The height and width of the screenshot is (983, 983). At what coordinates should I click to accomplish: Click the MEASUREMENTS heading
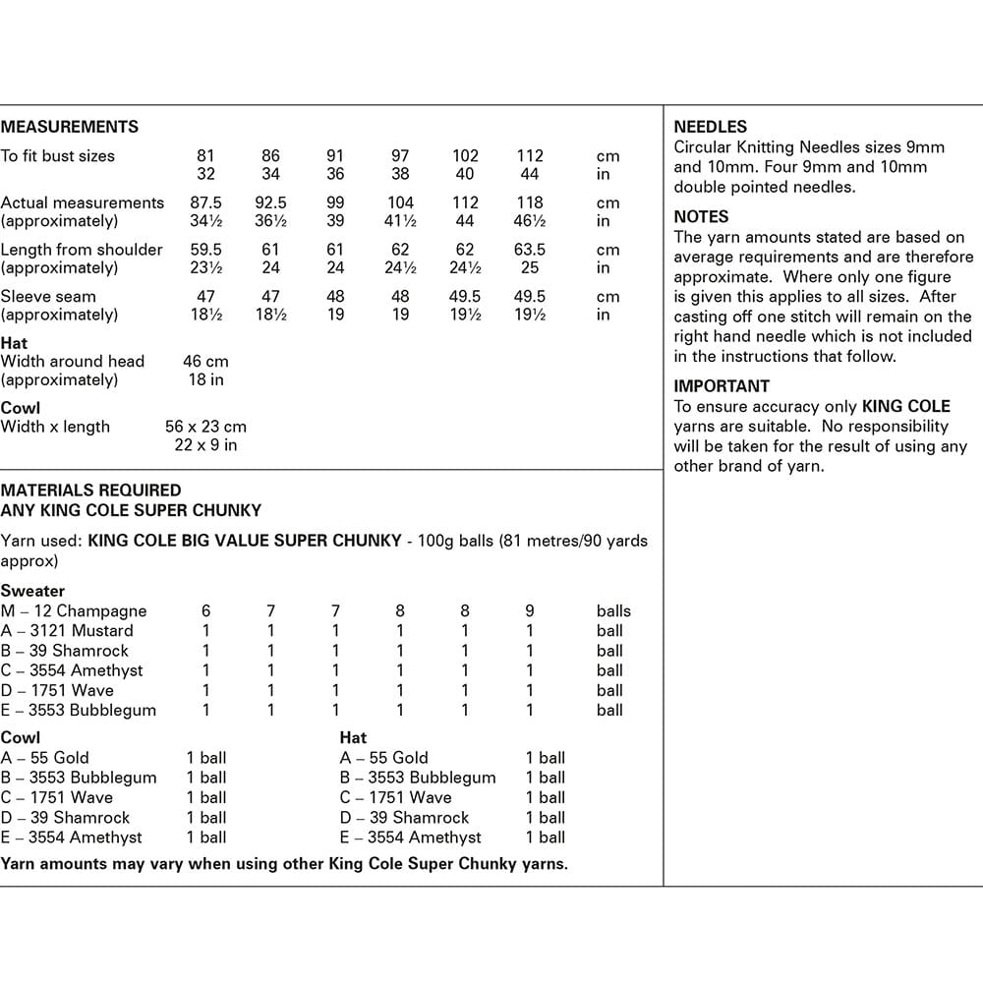tap(70, 127)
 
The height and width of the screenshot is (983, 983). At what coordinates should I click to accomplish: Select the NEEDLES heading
tap(710, 127)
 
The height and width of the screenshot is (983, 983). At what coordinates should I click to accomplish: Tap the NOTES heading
tap(701, 216)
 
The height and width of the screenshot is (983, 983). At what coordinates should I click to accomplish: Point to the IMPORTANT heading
tap(722, 386)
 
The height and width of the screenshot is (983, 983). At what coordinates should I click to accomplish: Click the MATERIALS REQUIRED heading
tap(91, 490)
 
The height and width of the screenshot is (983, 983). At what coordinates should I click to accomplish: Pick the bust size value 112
tap(530, 155)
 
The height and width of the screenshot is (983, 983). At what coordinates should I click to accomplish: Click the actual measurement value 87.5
tap(206, 202)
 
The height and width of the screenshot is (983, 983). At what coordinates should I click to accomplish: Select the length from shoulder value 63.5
tap(530, 250)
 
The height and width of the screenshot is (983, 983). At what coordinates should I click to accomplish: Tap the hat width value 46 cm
tap(205, 361)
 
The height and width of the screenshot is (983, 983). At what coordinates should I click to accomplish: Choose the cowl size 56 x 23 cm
tap(205, 427)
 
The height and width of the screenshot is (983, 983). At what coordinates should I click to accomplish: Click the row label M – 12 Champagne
tap(74, 610)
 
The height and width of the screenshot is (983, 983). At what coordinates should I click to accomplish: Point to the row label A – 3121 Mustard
tap(67, 631)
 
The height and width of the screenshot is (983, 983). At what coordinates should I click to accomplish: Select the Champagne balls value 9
tap(530, 610)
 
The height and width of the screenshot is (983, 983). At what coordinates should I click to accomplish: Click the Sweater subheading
tap(32, 591)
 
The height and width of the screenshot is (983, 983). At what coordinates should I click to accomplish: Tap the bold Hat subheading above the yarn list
tap(353, 737)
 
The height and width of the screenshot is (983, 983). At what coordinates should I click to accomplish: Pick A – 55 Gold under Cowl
tap(45, 758)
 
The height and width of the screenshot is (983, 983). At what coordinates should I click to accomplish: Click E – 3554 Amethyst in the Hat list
tap(411, 838)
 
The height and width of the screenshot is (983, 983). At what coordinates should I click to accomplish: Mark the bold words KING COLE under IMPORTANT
tap(906, 406)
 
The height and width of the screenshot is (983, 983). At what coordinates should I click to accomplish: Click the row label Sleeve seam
tap(47, 296)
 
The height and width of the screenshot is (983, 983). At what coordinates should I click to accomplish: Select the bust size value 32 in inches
tap(205, 174)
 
